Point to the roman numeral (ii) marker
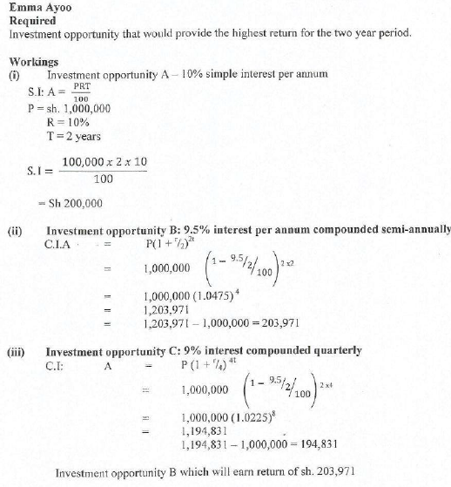coord(16,231)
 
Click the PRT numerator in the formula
coord(81,87)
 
